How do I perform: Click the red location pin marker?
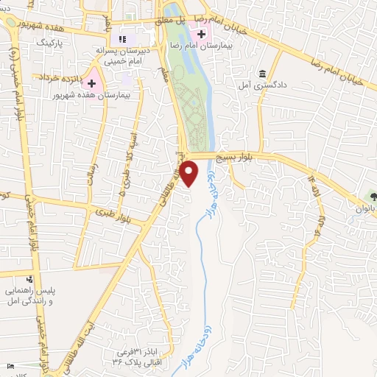[190, 174]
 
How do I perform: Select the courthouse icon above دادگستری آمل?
[263, 74]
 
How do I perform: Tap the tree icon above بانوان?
[373, 197]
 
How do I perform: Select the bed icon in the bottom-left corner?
[9, 366]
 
